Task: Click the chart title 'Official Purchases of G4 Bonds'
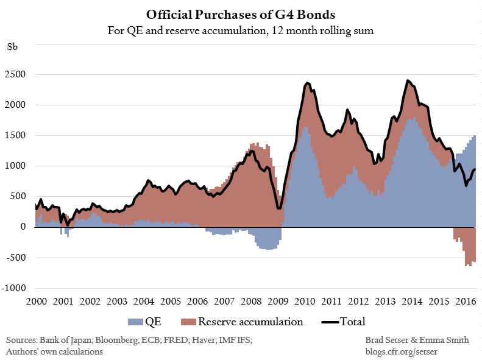click(x=241, y=14)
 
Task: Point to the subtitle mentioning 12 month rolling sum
click(x=241, y=29)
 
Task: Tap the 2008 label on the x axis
click(x=251, y=301)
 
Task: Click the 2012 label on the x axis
click(x=358, y=301)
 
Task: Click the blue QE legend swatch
click(x=135, y=322)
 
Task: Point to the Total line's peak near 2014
click(x=408, y=80)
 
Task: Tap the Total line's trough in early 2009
click(x=279, y=208)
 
